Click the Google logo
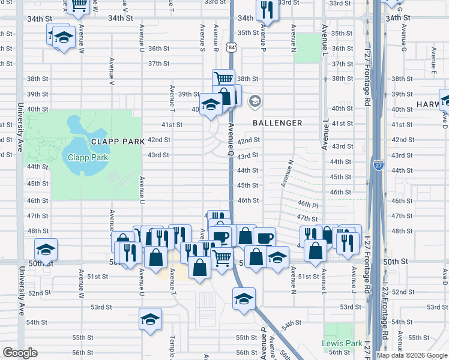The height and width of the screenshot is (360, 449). click(20, 353)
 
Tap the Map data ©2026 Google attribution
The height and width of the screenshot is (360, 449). click(412, 355)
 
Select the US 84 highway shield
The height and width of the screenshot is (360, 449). click(232, 46)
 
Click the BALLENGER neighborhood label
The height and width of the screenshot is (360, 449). click(277, 123)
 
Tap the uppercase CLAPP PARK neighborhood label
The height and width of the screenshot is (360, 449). click(118, 142)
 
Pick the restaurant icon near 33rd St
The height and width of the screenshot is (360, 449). click(267, 10)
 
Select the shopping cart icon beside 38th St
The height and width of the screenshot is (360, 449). click(223, 77)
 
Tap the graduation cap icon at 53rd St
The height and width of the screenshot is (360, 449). click(244, 298)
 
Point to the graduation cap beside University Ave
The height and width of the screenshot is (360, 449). click(46, 248)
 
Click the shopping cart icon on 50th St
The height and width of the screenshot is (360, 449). click(223, 259)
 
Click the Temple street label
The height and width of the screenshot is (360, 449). click(173, 346)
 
